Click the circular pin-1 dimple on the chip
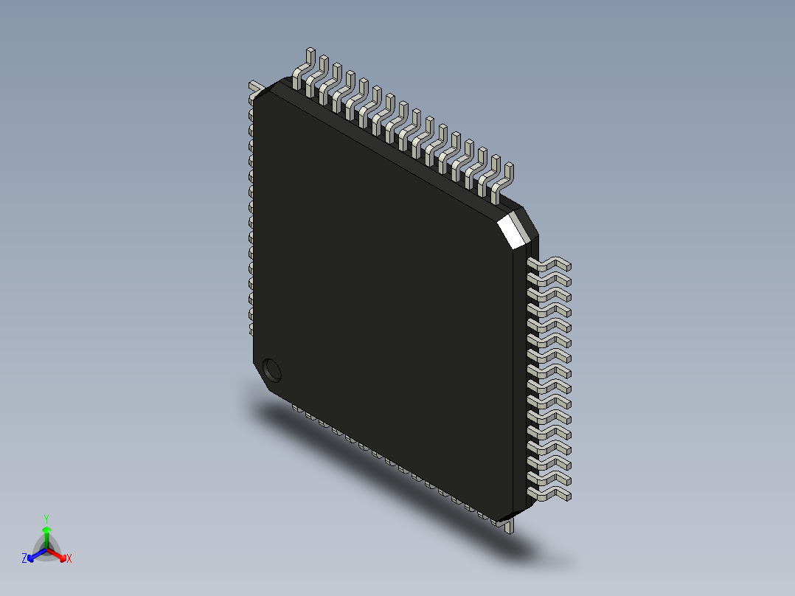point(272,370)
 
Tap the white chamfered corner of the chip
point(515,228)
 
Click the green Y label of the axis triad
point(46,519)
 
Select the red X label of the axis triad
point(69,558)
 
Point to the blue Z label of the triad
point(24,558)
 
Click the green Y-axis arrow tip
point(46,530)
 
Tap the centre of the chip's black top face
point(383,295)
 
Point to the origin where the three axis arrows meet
point(46,550)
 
